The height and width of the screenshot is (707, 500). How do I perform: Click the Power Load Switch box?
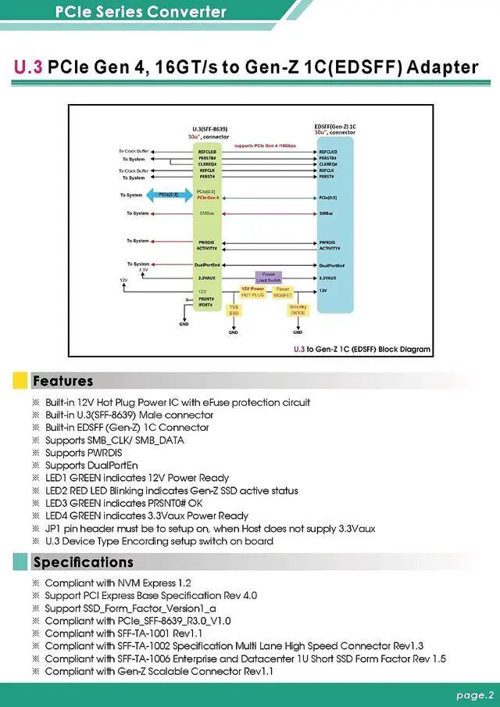click(x=267, y=277)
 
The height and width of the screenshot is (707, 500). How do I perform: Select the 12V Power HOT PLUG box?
click(x=252, y=292)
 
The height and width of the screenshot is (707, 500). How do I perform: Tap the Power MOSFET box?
click(x=282, y=292)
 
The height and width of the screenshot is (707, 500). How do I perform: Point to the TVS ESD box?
click(x=233, y=310)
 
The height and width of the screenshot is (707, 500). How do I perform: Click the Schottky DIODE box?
click(x=298, y=310)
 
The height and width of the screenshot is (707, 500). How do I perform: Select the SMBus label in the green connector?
click(x=207, y=213)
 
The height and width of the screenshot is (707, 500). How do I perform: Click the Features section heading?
click(x=62, y=382)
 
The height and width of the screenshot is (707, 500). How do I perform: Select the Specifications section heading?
click(x=83, y=562)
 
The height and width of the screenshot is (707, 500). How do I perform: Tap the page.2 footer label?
click(x=475, y=694)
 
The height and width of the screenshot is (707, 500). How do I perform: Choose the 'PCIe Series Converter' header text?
click(x=141, y=12)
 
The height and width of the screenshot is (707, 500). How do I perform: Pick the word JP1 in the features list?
click(x=53, y=529)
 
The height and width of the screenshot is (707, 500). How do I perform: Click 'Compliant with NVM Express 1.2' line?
click(x=117, y=583)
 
